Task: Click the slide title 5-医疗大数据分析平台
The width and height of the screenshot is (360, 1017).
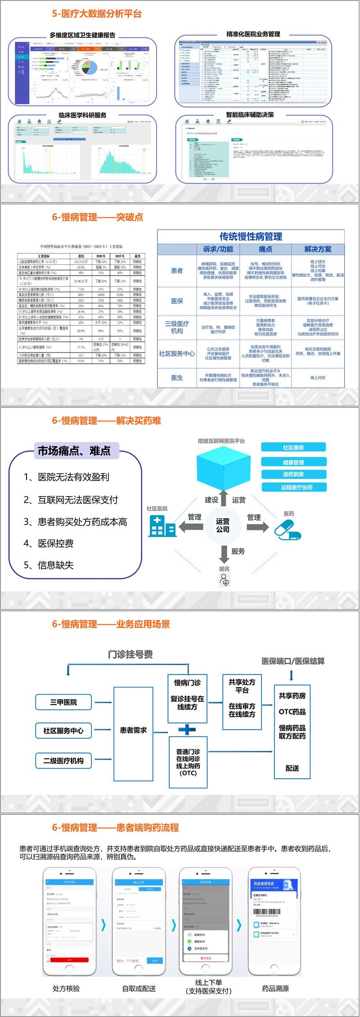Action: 97,14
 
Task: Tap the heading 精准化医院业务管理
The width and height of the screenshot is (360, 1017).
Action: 253,34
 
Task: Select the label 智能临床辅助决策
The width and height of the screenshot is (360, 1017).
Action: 250,115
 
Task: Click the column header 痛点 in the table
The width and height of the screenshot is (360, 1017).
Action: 265,249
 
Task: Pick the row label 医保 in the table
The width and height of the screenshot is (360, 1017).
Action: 177,301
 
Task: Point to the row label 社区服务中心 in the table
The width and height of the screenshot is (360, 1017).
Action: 177,353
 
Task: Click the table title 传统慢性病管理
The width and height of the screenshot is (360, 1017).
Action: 251,236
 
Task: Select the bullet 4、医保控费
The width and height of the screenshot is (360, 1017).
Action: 49,543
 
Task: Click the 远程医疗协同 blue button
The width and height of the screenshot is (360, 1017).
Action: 294,487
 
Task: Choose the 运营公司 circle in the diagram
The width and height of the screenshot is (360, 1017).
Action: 223,525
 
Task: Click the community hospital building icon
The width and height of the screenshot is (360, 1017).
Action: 162,525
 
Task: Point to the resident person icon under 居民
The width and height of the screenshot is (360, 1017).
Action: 224,580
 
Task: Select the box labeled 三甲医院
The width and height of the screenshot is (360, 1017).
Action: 63,702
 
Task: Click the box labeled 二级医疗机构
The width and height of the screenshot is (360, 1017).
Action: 63,761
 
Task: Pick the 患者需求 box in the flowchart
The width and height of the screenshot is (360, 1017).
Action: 133,730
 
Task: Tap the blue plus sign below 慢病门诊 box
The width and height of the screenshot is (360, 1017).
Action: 187,729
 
